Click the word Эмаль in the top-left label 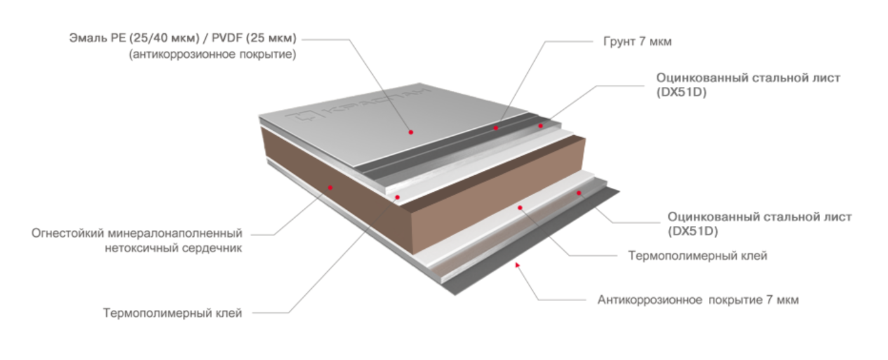[x=84, y=39]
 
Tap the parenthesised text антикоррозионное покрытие [x=213, y=55]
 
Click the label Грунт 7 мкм [x=637, y=42]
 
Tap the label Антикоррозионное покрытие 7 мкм [x=697, y=300]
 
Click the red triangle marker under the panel [x=518, y=263]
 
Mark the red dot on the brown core [x=330, y=187]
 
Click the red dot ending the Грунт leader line [x=495, y=128]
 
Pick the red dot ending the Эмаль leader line [x=410, y=132]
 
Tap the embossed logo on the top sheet [x=359, y=106]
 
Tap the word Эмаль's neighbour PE [x=112, y=39]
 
